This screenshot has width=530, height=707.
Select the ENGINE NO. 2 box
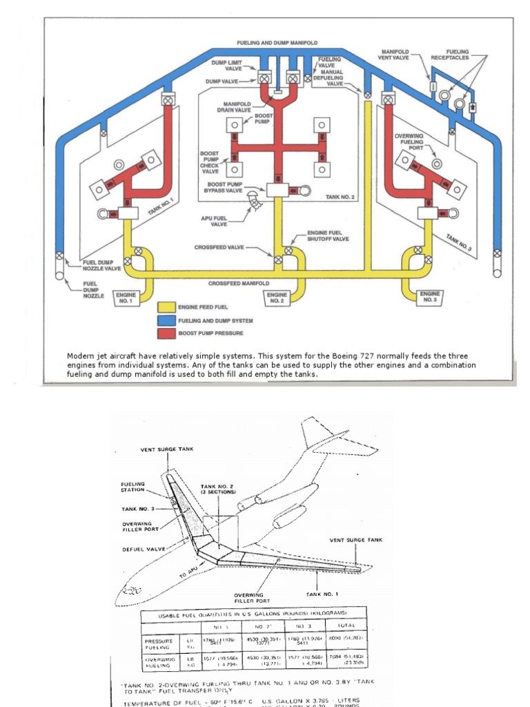276,298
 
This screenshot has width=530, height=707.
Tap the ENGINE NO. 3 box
429,298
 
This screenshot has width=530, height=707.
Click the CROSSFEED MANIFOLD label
239,283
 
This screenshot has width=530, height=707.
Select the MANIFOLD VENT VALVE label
394,55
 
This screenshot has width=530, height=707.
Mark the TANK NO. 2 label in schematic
340,197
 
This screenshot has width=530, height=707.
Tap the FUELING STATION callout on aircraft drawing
132,487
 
